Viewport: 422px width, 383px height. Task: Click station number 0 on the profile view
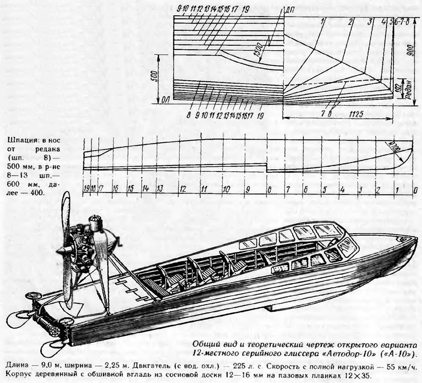coord(416,190)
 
